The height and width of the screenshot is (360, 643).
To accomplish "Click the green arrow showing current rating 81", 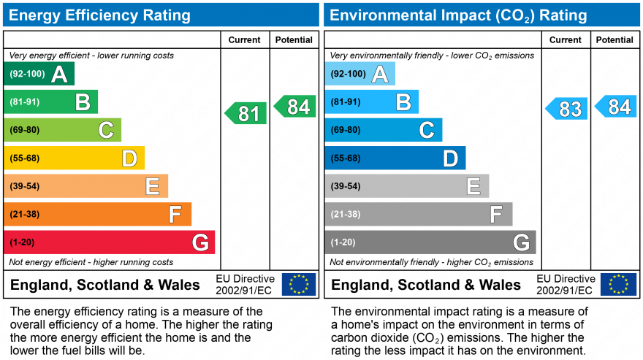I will click(246, 113).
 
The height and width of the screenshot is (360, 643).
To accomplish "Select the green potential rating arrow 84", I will click(295, 107).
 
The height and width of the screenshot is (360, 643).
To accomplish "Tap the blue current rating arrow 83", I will click(567, 109).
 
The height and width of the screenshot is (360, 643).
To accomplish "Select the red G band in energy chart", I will click(110, 242).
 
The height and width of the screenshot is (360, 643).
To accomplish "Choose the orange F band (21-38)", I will click(98, 214).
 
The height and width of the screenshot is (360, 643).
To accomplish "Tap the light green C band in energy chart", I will click(63, 130).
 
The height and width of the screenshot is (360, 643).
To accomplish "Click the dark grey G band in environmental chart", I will click(430, 242).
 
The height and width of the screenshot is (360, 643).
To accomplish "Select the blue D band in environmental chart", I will click(395, 158).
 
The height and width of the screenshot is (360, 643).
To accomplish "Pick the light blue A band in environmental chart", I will click(360, 74).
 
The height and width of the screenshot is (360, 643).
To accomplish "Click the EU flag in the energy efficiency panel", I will click(299, 284).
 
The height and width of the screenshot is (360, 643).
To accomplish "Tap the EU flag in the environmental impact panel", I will click(618, 284).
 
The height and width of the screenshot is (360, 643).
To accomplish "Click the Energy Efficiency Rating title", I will click(100, 15).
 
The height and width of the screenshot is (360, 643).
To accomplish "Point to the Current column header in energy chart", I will click(244, 40).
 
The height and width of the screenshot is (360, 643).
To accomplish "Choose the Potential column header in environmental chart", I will click(615, 40).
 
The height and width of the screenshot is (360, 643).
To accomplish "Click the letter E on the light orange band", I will click(152, 186).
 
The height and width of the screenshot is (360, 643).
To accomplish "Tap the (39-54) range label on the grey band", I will click(346, 186).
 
